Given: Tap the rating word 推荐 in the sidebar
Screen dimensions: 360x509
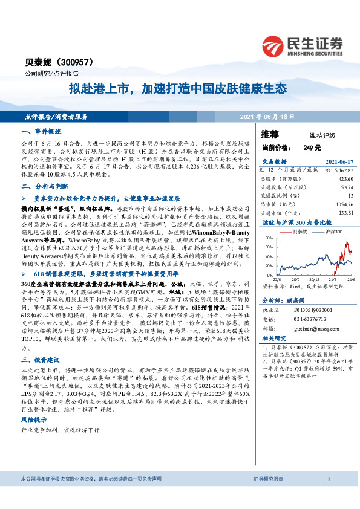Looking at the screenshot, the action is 270,134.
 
